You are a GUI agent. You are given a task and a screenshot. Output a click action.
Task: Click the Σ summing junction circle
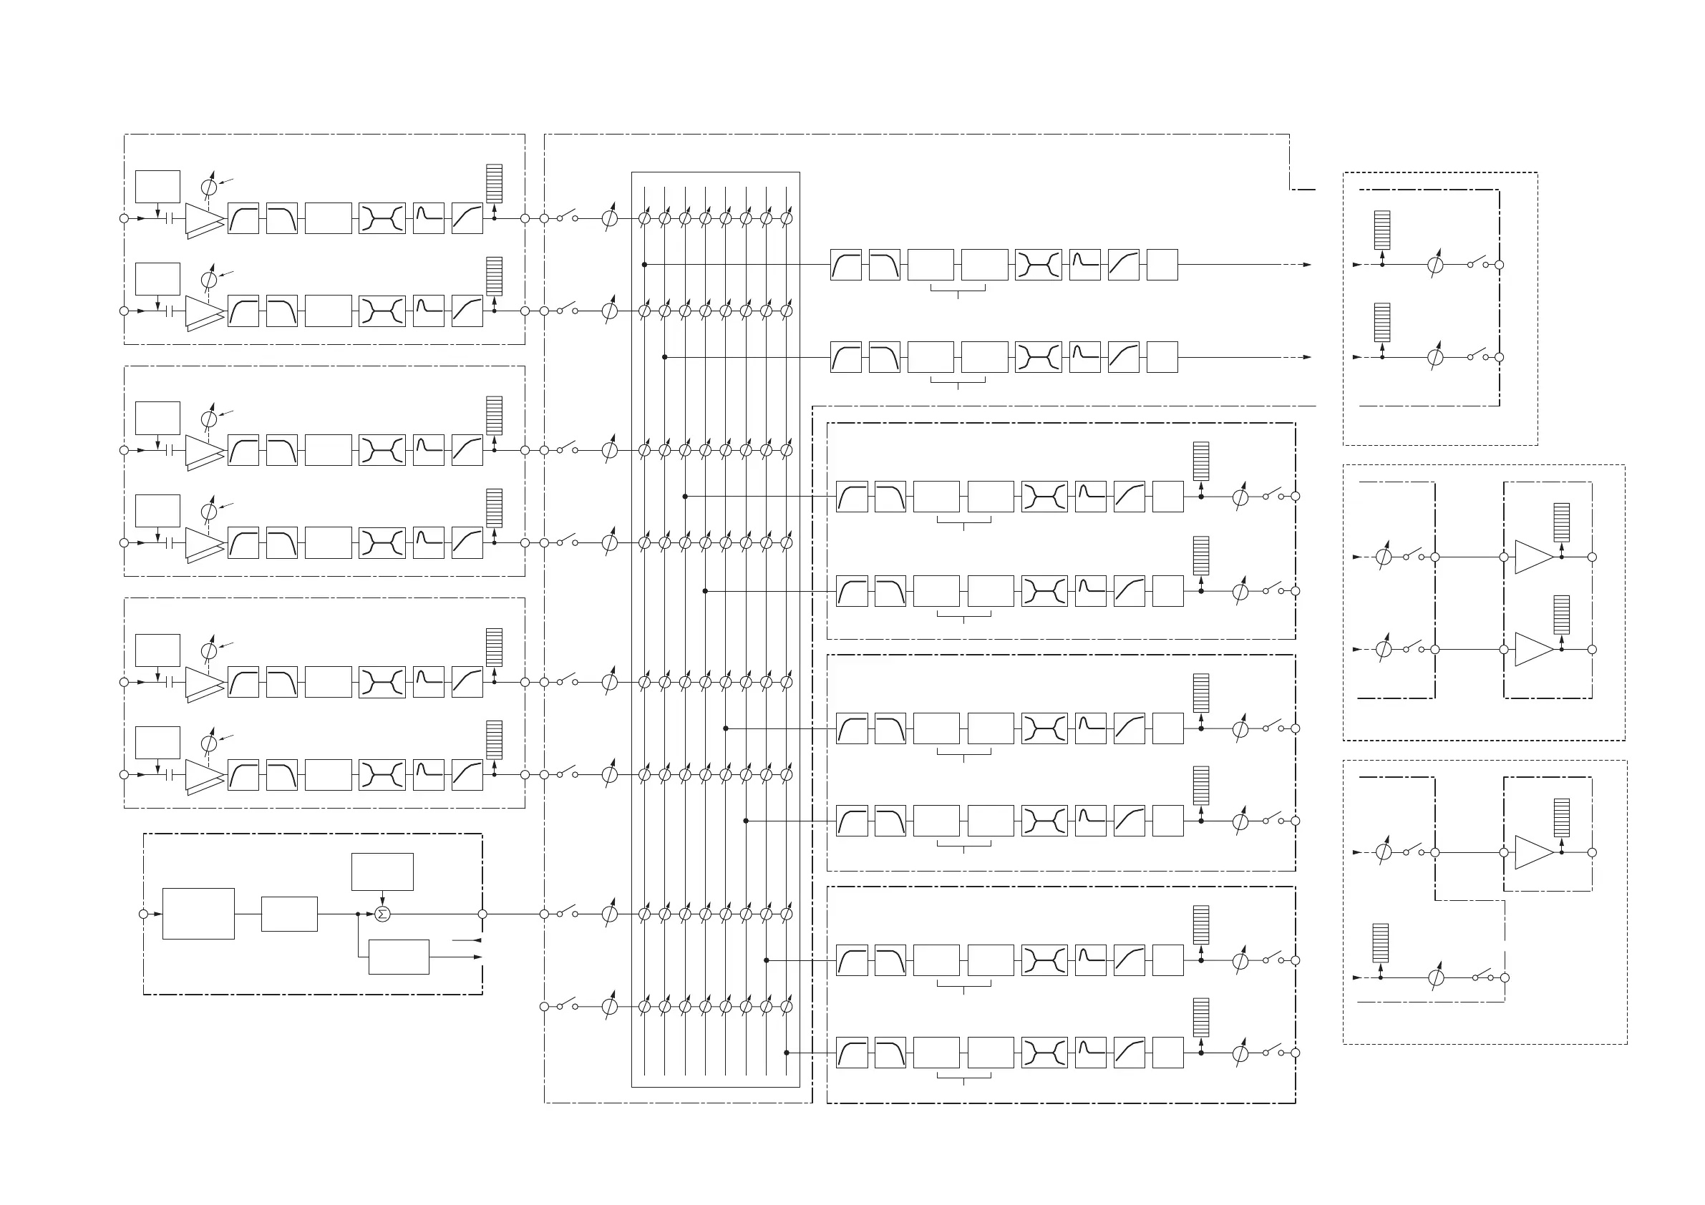tap(382, 914)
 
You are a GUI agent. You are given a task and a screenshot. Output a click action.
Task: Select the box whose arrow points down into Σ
tap(382, 872)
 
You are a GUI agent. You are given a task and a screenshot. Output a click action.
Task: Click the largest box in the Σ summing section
tap(198, 913)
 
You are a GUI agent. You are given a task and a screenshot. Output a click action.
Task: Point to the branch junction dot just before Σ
tap(358, 914)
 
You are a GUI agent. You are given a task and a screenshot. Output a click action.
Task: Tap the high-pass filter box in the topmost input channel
tap(243, 218)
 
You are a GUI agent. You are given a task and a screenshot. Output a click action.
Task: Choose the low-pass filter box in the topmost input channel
tap(281, 218)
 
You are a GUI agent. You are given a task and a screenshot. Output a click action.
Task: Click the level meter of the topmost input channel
tap(494, 182)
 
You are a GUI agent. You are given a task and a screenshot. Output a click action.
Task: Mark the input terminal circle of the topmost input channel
tap(124, 218)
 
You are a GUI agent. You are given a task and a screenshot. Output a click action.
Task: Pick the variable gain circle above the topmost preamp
tap(209, 187)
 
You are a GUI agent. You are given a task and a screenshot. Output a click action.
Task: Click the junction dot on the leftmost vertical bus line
tap(645, 264)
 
